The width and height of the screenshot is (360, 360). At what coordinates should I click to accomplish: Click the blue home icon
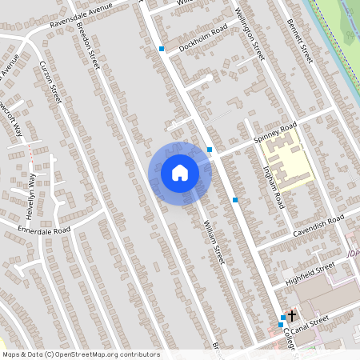click(180, 173)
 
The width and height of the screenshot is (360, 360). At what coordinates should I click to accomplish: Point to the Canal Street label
click(310, 321)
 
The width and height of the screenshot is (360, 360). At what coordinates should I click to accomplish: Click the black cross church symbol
click(292, 315)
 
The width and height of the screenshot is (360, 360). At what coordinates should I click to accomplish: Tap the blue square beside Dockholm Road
click(162, 49)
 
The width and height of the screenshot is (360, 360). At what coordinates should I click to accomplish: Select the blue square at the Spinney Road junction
click(210, 150)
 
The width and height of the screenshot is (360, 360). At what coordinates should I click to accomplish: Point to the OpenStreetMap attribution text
click(81, 354)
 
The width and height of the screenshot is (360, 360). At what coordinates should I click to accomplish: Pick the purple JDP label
click(354, 254)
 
